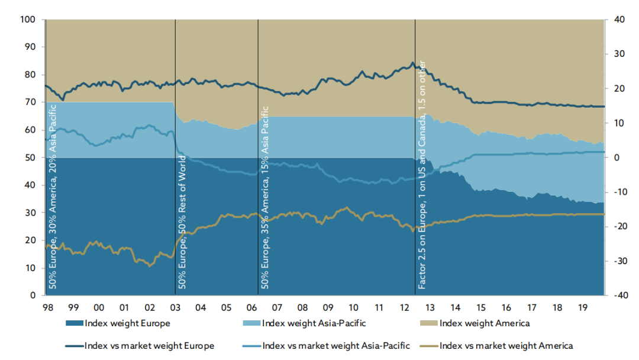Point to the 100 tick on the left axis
pyautogui.click(x=29, y=20)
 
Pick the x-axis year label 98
pyautogui.click(x=48, y=308)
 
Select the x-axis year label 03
pyautogui.click(x=175, y=308)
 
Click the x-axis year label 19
pyautogui.click(x=582, y=308)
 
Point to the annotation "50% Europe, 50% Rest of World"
pyautogui.click(x=183, y=222)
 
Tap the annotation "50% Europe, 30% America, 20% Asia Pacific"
pyautogui.click(x=53, y=196)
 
